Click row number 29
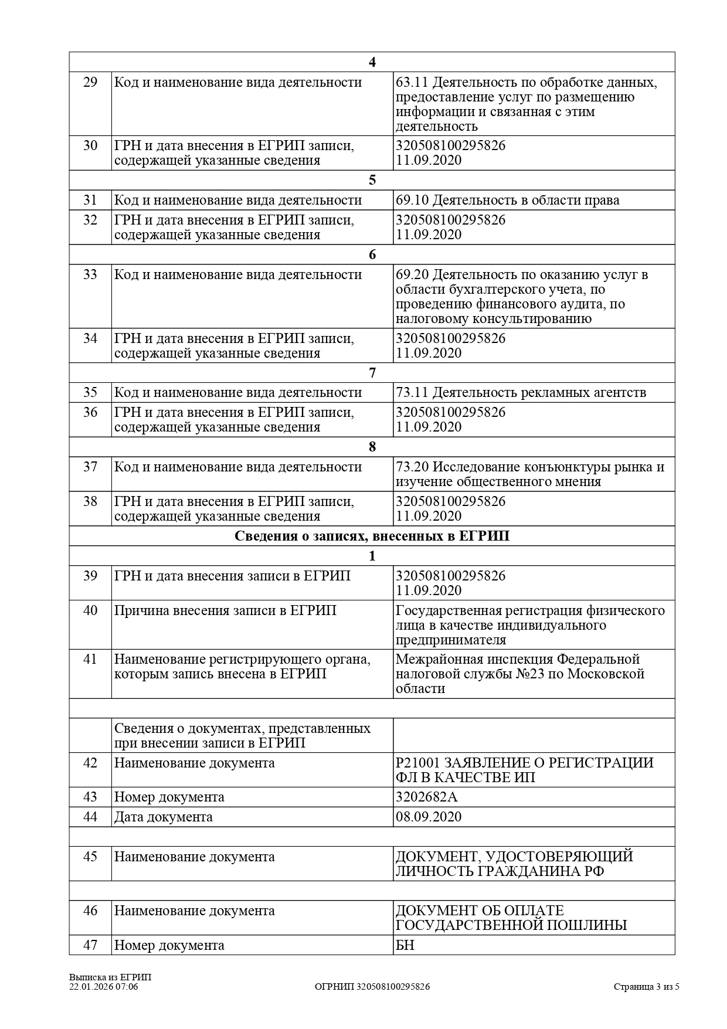(90, 83)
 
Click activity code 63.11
(412, 83)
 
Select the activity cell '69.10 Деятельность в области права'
(507, 201)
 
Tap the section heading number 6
(372, 255)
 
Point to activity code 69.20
(412, 275)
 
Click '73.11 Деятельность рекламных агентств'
(521, 393)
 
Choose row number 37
(90, 467)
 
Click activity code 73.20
(412, 467)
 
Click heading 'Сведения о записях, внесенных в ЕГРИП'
(372, 536)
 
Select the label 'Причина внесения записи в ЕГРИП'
(225, 611)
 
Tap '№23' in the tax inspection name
(531, 674)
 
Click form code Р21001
(417, 763)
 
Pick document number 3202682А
(426, 797)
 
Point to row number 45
(90, 857)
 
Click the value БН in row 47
(405, 946)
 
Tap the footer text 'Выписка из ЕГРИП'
(110, 977)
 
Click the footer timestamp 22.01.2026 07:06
(104, 987)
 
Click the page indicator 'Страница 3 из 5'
(647, 987)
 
